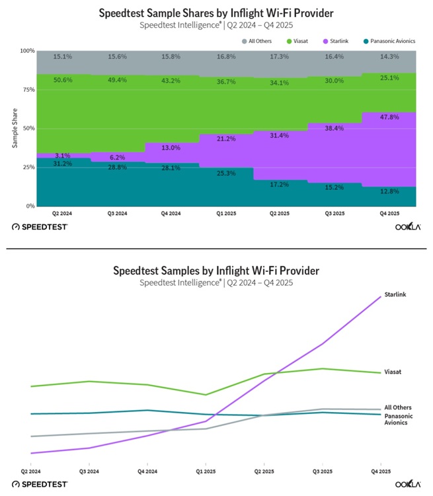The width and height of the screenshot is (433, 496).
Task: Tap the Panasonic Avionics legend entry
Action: pyautogui.click(x=393, y=40)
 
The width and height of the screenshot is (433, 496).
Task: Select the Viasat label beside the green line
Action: pyautogui.click(x=392, y=372)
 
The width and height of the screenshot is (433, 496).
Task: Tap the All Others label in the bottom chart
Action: pyautogui.click(x=397, y=407)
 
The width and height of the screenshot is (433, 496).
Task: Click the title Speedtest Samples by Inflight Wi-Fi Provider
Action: pyautogui.click(x=216, y=270)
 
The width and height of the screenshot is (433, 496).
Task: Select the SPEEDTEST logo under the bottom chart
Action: pyautogui.click(x=40, y=484)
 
